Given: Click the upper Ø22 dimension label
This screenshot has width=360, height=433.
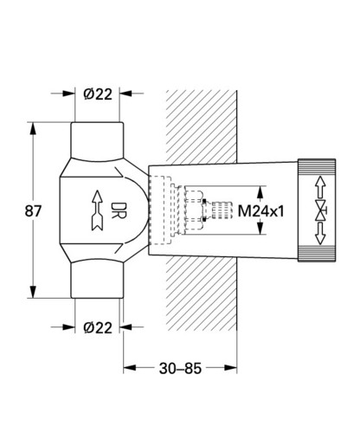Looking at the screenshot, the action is point(98,94).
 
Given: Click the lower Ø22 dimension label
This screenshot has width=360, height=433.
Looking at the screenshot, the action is point(98,328).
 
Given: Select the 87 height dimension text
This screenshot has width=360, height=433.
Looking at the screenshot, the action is point(33,211).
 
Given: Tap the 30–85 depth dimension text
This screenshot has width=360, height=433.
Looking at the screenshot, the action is point(180,369).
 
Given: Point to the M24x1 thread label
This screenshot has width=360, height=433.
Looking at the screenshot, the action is point(261,211).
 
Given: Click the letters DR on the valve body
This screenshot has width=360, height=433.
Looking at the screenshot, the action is point(119,210).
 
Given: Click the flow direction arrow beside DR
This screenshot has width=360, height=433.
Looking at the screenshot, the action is point(98,210).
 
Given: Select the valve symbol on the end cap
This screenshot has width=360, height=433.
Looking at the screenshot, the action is point(321,210).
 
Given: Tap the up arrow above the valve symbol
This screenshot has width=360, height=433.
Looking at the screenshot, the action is point(320,187).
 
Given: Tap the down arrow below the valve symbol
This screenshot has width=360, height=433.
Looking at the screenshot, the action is point(320,233).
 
